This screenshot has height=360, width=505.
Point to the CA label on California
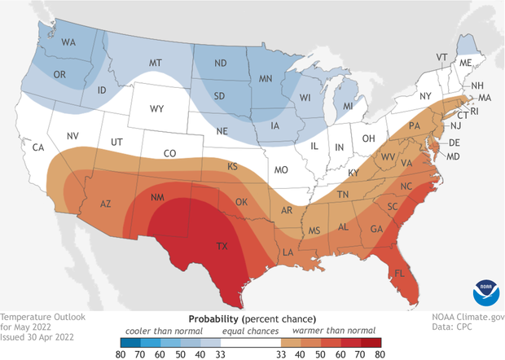click(x=37, y=147)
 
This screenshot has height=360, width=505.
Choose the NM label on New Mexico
click(x=159, y=198)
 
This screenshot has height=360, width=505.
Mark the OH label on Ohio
click(x=369, y=138)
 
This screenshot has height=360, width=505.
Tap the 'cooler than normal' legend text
click(x=152, y=330)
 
